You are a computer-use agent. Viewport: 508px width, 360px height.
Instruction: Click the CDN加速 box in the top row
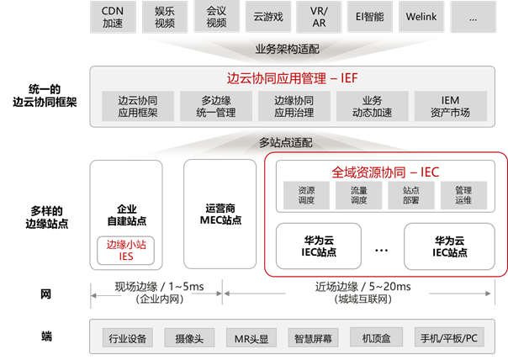pyautogui.click(x=114, y=15)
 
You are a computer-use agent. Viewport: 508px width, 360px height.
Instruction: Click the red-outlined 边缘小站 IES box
pyautogui.click(x=125, y=250)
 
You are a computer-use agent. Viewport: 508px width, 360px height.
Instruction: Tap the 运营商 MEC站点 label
pyautogui.click(x=220, y=214)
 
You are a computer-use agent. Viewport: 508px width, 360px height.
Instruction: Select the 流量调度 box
pyautogui.click(x=359, y=196)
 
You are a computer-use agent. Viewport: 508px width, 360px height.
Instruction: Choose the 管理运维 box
pyautogui.click(x=463, y=196)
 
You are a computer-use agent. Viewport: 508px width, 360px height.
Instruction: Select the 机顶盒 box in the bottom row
pyautogui.click(x=377, y=339)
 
